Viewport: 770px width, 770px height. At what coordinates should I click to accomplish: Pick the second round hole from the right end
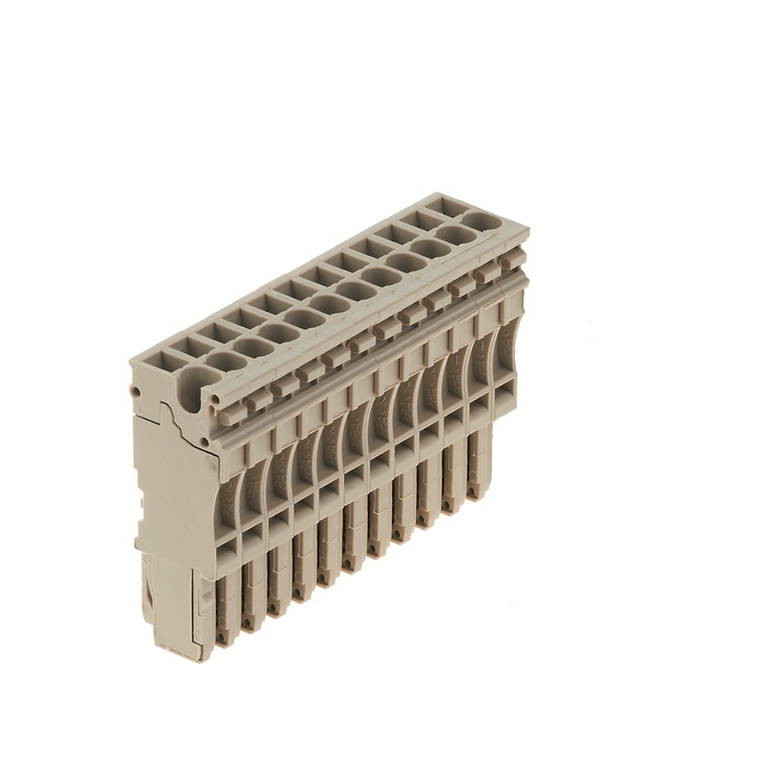click(455, 235)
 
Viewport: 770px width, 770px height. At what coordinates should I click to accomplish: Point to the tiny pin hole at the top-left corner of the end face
click(137, 392)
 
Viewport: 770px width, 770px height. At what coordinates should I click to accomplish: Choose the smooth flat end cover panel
click(173, 493)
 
